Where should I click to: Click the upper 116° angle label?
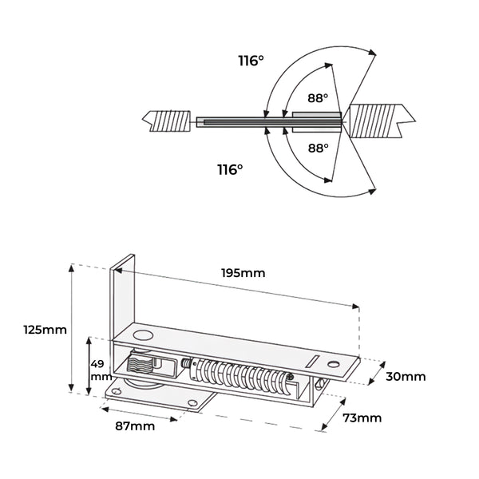[251, 60]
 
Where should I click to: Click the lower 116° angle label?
[230, 169]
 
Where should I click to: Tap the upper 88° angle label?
[318, 98]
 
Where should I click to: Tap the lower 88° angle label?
[319, 148]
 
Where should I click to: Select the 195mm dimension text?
[243, 272]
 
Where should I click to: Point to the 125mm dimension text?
[45, 329]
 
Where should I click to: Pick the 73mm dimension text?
[362, 418]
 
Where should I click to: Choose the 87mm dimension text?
[134, 426]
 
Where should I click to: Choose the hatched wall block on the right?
[380, 121]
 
